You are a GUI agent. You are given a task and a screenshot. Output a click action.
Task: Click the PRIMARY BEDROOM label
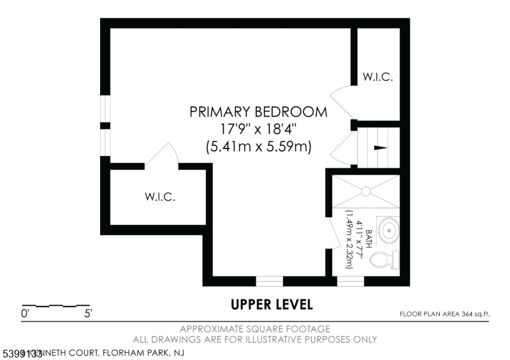pyautogui.click(x=258, y=112)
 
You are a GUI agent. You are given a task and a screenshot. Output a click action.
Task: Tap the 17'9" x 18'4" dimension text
pyautogui.click(x=258, y=129)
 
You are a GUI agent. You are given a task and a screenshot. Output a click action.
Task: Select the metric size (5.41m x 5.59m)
pyautogui.click(x=258, y=147)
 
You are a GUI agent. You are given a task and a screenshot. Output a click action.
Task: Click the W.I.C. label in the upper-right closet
pyautogui.click(x=377, y=77)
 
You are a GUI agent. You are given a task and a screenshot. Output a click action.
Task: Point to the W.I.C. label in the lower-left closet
pyautogui.click(x=159, y=197)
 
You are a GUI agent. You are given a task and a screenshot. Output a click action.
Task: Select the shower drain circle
pyautogui.click(x=366, y=190)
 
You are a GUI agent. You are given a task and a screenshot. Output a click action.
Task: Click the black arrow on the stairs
pyautogui.click(x=380, y=147)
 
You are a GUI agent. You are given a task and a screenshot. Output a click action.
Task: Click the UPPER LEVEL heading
pyautogui.click(x=272, y=305)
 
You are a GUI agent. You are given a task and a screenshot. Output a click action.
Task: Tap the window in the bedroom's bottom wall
pyautogui.click(x=269, y=281)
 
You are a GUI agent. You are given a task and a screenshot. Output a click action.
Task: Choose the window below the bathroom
pyautogui.click(x=350, y=281)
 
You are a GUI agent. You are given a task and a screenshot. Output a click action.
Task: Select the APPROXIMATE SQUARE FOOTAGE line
pyautogui.click(x=255, y=329)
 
